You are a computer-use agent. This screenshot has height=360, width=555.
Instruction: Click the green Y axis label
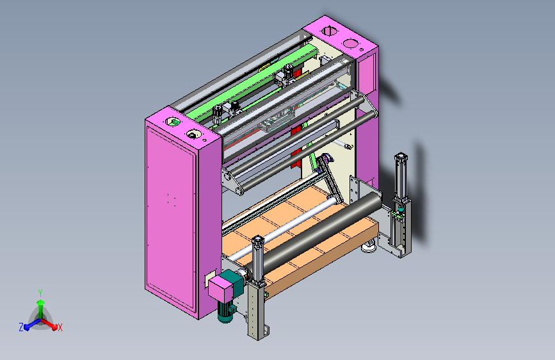pos(40,293)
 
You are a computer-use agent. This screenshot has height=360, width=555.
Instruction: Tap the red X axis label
pos(60,327)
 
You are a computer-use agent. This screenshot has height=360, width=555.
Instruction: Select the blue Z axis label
pos(21,327)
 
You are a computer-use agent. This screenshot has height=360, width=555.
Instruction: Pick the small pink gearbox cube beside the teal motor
pos(220,288)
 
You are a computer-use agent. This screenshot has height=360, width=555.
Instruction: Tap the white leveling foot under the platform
pos(369,247)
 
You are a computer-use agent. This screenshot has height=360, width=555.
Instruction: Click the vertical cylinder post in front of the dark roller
pos(258,261)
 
